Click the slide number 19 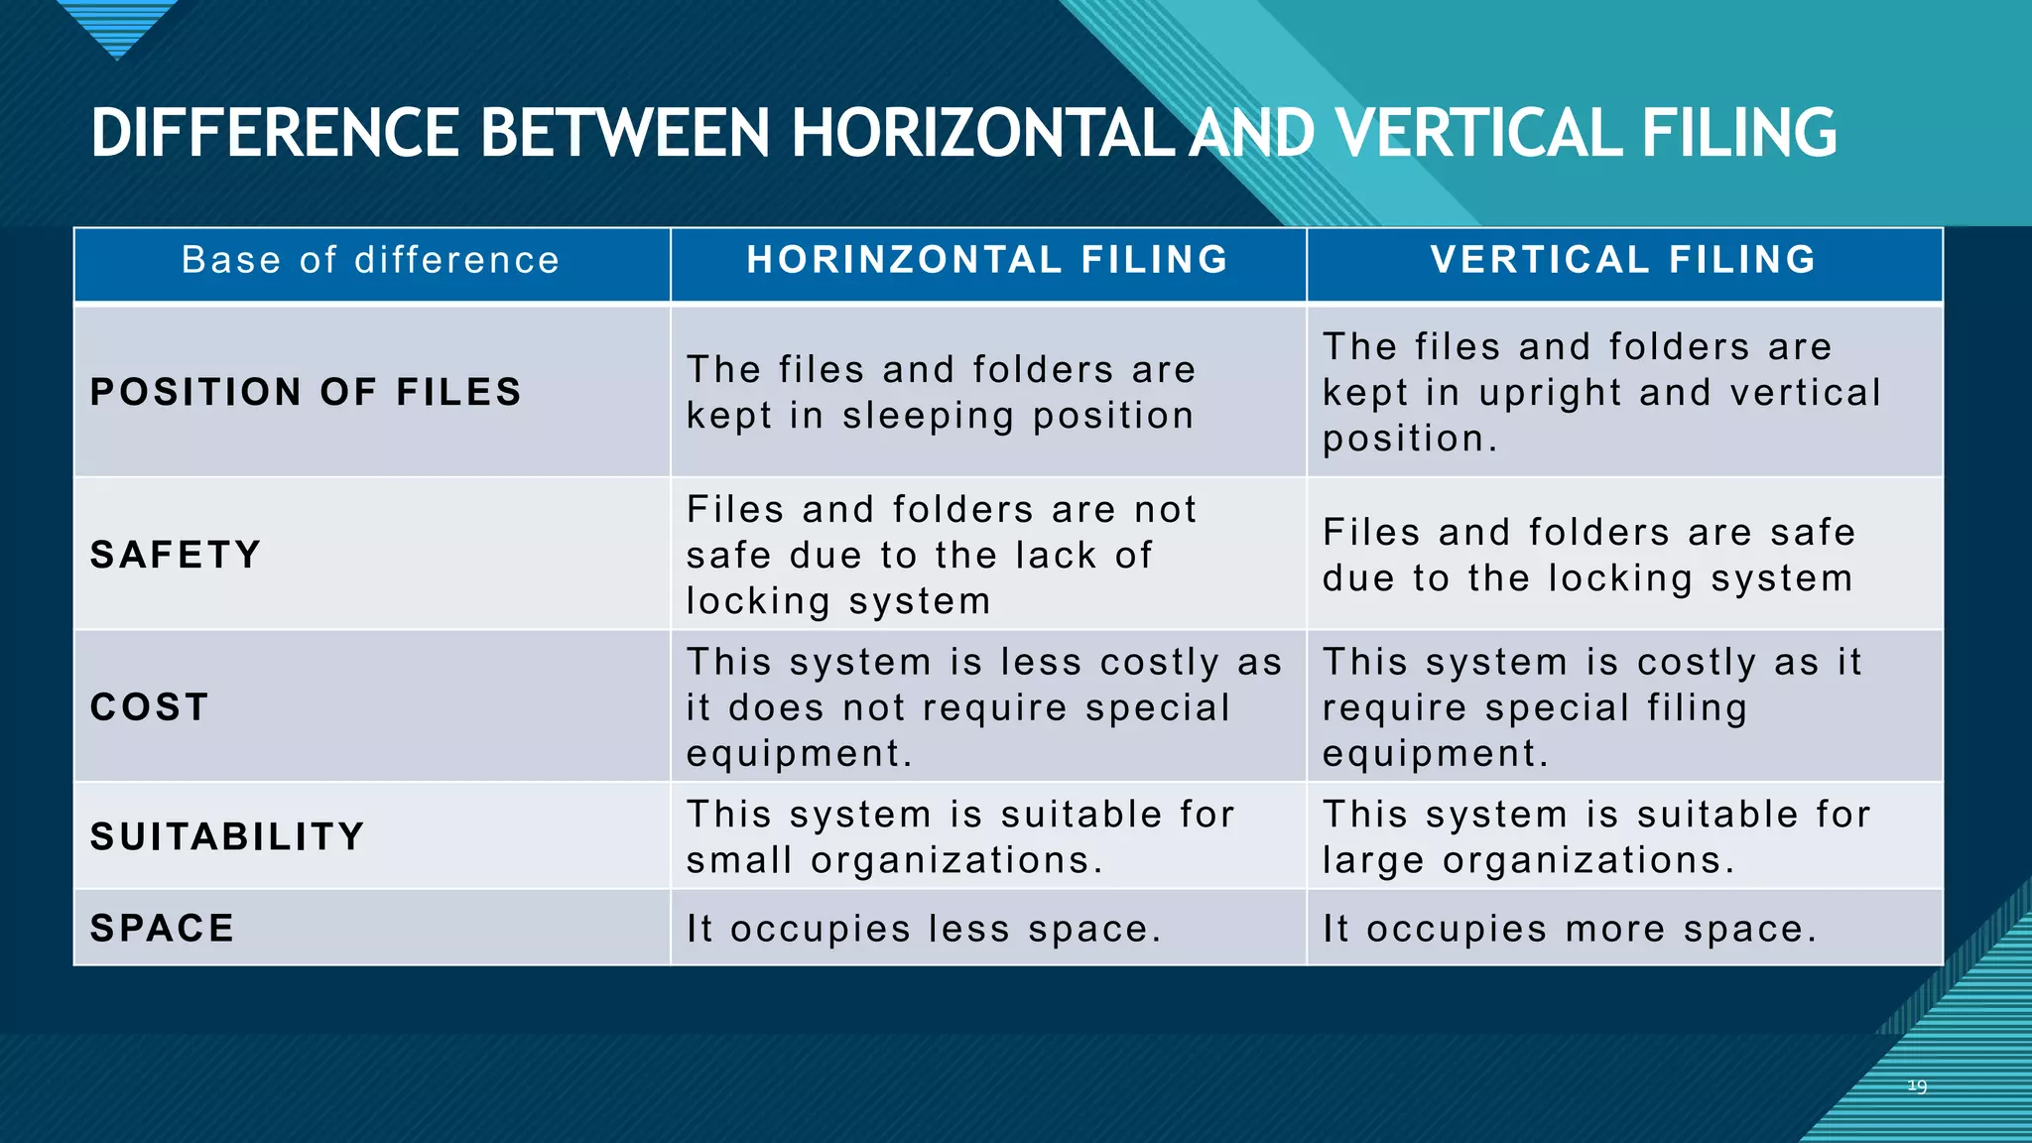tap(1917, 1086)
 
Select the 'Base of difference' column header tap(371, 260)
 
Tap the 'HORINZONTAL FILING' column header tap(987, 260)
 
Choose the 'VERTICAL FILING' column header tap(1623, 260)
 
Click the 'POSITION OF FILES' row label tap(306, 392)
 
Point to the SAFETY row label tap(176, 555)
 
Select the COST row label tap(150, 707)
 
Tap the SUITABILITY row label tap(227, 836)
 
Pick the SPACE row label tap(163, 929)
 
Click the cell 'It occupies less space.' tap(924, 930)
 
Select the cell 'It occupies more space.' tap(1570, 930)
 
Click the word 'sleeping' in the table tap(928, 417)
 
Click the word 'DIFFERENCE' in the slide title tap(276, 133)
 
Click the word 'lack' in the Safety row tap(1055, 556)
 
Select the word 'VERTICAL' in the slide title tap(1478, 133)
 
